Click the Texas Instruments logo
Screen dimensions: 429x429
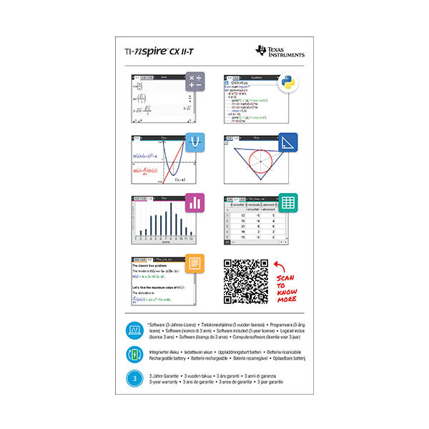click(x=280, y=51)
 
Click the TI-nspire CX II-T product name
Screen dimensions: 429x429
click(x=153, y=51)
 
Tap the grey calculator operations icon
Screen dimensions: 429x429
click(x=195, y=82)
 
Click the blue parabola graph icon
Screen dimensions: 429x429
click(x=195, y=142)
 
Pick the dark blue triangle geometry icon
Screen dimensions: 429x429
click(x=288, y=142)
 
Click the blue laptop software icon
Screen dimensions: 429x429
click(x=134, y=329)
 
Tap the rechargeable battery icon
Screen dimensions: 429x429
click(x=134, y=354)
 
